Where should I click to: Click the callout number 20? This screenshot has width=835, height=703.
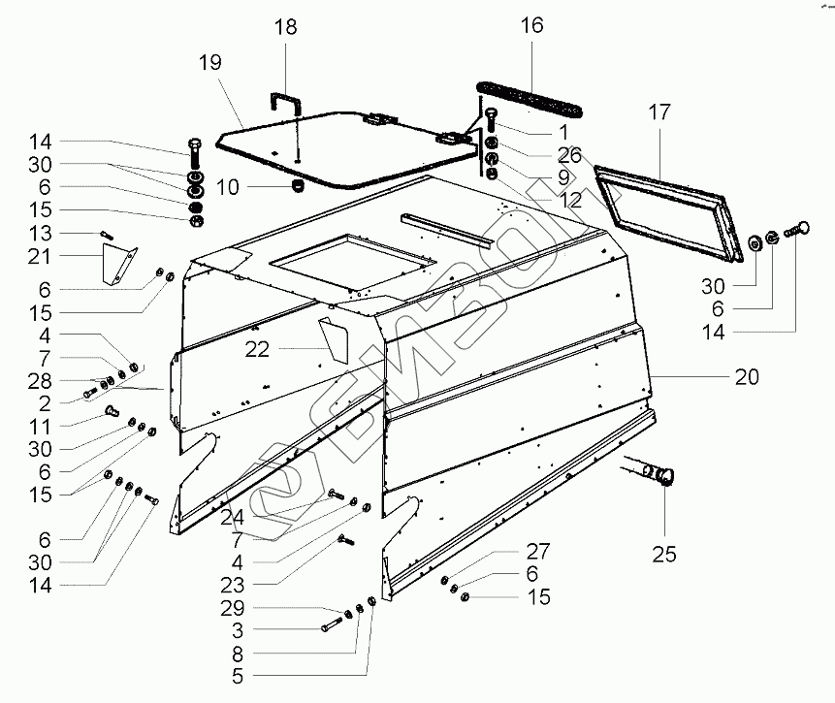click(748, 376)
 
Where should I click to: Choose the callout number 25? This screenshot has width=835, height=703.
click(663, 555)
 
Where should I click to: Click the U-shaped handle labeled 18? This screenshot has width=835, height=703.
click(285, 99)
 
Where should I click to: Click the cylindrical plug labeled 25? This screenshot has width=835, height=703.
click(660, 475)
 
